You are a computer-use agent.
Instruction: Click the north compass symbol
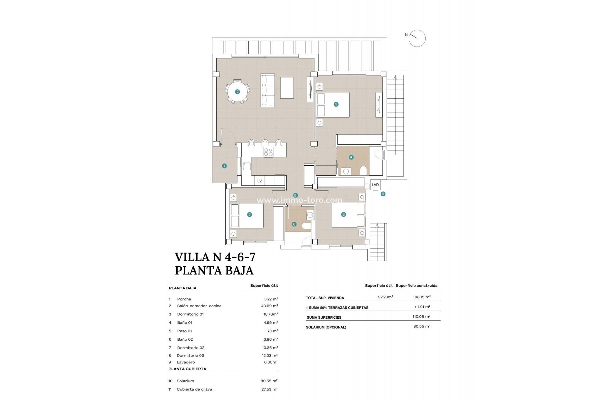417,38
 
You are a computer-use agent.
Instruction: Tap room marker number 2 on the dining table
237,92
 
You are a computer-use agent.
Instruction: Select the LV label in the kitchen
259,181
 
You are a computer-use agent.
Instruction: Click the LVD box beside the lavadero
375,185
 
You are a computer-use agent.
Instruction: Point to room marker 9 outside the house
383,194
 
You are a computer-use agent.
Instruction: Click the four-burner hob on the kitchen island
268,152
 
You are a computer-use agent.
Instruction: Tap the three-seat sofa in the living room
268,90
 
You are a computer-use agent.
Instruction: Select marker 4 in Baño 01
351,157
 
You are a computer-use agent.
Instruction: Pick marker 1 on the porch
224,166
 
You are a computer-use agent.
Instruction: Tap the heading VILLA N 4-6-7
215,257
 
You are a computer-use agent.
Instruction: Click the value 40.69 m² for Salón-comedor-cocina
269,306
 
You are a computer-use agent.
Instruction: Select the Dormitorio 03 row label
190,355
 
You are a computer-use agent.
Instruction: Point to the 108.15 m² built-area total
421,297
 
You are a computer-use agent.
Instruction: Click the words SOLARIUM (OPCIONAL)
326,327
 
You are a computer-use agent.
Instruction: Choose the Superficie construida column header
416,286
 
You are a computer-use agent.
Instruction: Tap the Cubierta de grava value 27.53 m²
269,389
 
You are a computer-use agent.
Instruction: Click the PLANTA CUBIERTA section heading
187,369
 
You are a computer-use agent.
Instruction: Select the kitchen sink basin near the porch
247,166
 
